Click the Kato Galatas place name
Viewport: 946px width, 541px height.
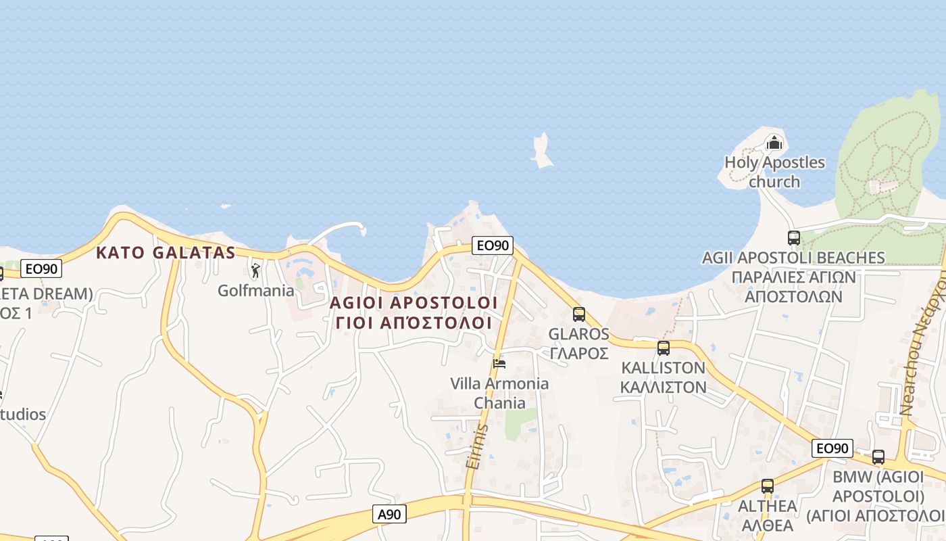(166, 253)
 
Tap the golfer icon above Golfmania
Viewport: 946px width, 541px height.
(255, 271)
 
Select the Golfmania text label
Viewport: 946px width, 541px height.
(255, 291)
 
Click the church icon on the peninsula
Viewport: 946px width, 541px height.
(774, 143)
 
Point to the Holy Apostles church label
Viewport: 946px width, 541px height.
(774, 172)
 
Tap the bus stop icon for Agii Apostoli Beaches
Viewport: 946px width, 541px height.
(793, 238)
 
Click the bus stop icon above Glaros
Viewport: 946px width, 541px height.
(579, 314)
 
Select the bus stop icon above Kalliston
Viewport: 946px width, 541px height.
(664, 348)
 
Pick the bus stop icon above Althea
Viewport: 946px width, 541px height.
(767, 486)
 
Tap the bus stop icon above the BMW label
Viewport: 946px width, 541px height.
(878, 457)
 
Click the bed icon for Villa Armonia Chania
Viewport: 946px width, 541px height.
(499, 363)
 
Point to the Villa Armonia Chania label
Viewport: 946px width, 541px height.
(499, 393)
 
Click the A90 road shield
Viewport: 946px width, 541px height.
(389, 514)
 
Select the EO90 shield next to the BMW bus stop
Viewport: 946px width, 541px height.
(832, 448)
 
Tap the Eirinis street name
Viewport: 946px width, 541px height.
(476, 446)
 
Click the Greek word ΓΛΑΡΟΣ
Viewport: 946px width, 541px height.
(578, 353)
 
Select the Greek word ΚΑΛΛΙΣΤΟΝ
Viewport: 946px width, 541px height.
(663, 387)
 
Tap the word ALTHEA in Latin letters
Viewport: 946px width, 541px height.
(767, 506)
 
